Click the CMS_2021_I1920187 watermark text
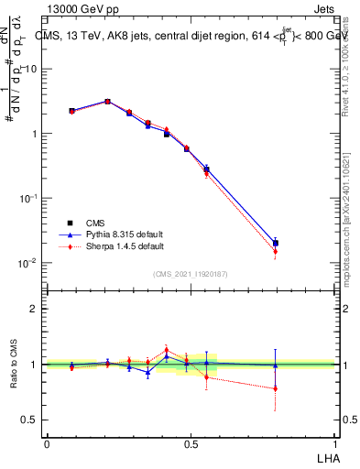click(190, 273)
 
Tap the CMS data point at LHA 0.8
click(276, 244)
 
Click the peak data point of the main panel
click(108, 102)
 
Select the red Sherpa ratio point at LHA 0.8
click(276, 388)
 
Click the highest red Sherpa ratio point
click(167, 350)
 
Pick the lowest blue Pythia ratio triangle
click(147, 372)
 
